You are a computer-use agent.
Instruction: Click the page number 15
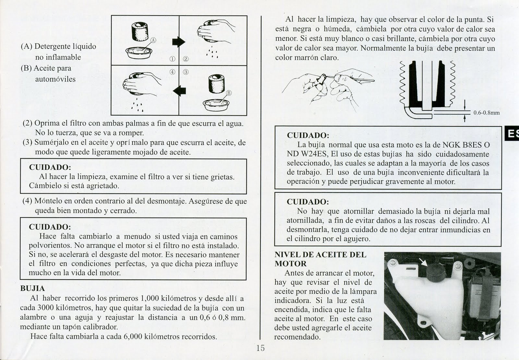(260, 348)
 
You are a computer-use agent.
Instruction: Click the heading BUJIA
(32, 289)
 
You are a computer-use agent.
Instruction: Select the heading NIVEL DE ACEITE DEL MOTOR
(320, 259)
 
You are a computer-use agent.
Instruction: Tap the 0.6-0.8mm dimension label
(486, 113)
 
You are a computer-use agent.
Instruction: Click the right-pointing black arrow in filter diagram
(178, 41)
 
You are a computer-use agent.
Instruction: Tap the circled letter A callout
(153, 40)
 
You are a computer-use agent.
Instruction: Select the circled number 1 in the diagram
(172, 59)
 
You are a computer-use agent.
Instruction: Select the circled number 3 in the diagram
(186, 72)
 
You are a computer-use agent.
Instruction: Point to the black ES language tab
(512, 133)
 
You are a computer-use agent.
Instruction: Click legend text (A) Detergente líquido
(58, 46)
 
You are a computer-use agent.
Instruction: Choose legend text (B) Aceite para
(46, 68)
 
